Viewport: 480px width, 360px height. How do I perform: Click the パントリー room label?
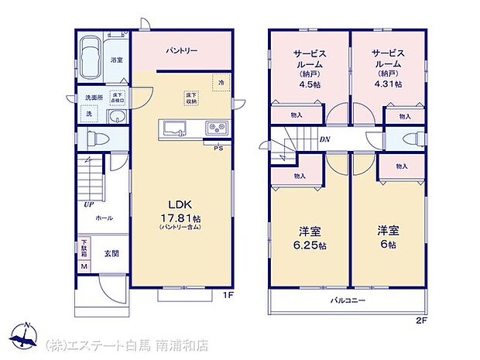pyautogui.click(x=182, y=51)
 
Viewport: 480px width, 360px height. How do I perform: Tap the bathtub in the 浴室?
pyautogui.click(x=91, y=57)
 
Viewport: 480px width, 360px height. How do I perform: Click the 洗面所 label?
pyautogui.click(x=94, y=98)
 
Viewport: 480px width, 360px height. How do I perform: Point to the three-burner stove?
pyautogui.click(x=214, y=128)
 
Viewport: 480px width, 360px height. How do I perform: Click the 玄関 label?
pyautogui.click(x=111, y=253)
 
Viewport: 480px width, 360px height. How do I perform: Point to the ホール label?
pyautogui.click(x=104, y=218)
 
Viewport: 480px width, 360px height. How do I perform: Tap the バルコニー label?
pyautogui.click(x=348, y=300)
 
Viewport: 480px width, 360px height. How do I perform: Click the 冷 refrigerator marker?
pyautogui.click(x=221, y=81)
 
